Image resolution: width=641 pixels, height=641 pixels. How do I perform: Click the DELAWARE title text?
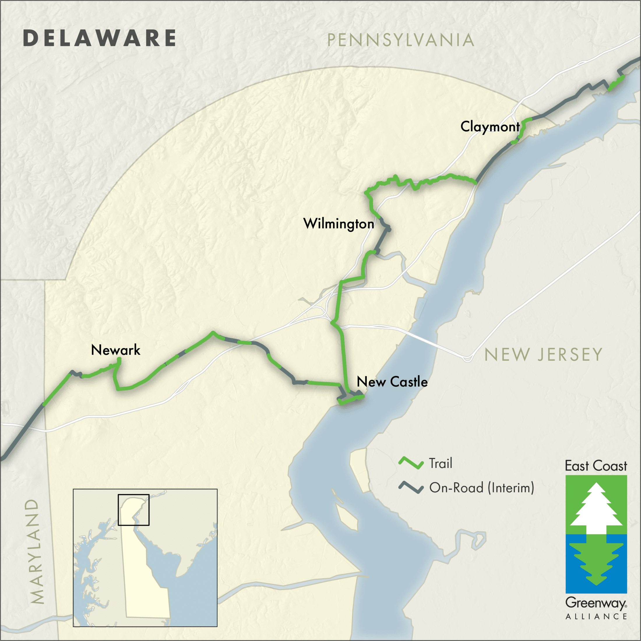pos(100,38)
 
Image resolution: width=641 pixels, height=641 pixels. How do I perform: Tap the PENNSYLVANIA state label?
pos(400,40)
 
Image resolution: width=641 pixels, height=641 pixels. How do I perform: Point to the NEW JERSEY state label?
pos(543,355)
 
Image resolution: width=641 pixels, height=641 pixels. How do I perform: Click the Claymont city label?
pos(490,127)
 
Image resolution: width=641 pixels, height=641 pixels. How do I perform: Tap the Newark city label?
pos(115,350)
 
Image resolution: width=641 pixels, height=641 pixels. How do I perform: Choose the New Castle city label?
pos(392,382)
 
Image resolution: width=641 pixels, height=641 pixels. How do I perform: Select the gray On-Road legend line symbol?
pos(411,487)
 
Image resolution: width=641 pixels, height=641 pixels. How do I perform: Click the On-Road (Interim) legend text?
pos(482,488)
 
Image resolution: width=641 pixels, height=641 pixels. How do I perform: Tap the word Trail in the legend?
pos(441,463)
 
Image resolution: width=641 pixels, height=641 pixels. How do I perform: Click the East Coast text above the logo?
pos(596,466)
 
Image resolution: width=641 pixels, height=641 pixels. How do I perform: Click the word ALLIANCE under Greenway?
pos(596,617)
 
